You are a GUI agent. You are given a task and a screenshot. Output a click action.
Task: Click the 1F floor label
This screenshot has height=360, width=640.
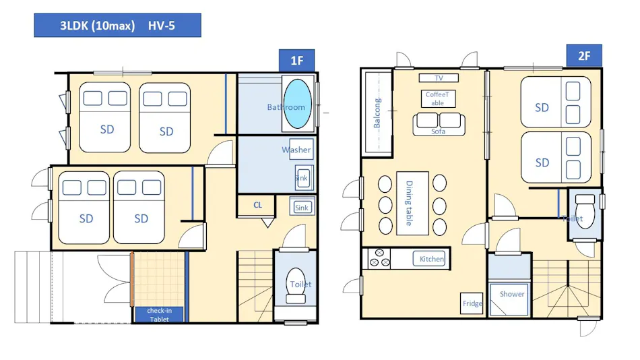click(296, 61)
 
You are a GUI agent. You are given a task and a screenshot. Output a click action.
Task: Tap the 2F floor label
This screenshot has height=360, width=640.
click(584, 55)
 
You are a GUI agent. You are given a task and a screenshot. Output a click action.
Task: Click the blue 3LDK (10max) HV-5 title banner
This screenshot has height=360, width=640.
click(117, 26)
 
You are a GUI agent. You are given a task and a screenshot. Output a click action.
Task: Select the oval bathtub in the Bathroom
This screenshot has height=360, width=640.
click(298, 104)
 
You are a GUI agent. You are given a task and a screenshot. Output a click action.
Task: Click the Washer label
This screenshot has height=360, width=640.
click(296, 150)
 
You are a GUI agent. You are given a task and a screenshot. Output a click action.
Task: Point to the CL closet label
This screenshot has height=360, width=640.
click(257, 205)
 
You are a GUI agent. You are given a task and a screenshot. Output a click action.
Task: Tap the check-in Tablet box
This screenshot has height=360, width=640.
click(159, 315)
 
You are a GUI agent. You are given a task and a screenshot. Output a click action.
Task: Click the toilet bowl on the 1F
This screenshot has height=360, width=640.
click(296, 285)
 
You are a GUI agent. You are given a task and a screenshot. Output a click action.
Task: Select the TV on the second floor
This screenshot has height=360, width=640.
click(439, 78)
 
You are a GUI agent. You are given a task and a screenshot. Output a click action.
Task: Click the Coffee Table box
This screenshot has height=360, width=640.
click(438, 98)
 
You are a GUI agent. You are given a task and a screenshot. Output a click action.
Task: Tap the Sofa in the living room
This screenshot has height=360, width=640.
click(439, 124)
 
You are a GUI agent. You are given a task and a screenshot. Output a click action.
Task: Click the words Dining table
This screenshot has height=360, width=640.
click(409, 203)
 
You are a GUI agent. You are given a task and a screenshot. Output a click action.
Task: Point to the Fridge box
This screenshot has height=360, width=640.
click(472, 303)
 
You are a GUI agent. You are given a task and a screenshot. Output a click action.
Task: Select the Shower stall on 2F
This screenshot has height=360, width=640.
click(509, 299)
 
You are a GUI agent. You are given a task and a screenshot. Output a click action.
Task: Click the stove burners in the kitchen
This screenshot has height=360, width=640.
click(379, 258)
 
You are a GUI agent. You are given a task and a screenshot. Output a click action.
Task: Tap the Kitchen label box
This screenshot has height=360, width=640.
click(429, 259)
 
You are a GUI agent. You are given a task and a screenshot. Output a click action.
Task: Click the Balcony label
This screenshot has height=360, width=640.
click(377, 113)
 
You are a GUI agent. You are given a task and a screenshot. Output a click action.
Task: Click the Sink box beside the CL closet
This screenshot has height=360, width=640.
click(302, 207)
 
